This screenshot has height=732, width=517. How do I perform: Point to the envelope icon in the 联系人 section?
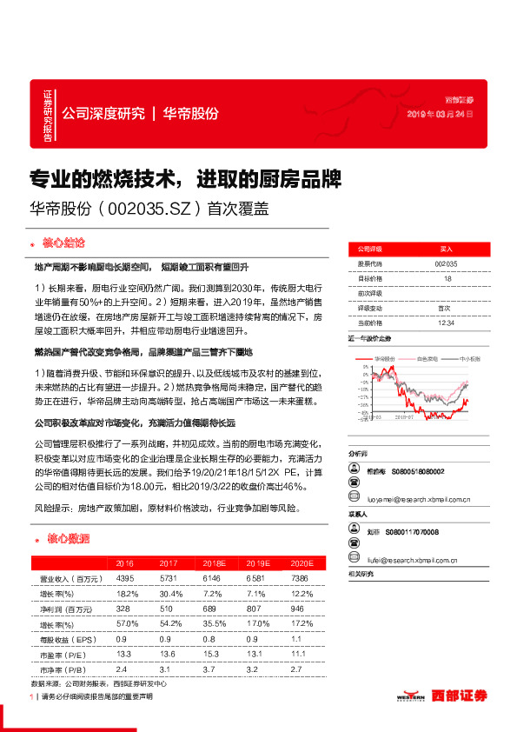(x=355, y=562)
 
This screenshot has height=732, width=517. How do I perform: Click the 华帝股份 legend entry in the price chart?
(x=384, y=358)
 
